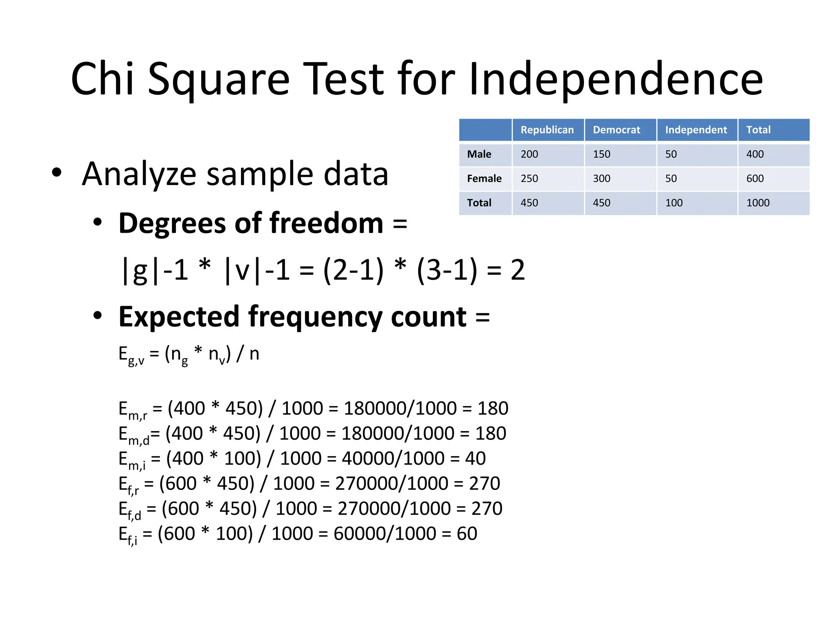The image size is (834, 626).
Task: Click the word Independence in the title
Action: point(616,79)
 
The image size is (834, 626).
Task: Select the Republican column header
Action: point(547,130)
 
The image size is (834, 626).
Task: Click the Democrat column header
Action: point(616,130)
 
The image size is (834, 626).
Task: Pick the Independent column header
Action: point(696,130)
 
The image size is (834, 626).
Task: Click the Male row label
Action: point(479,154)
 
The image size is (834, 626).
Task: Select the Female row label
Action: point(484,179)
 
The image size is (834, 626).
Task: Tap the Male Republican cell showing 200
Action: point(529,154)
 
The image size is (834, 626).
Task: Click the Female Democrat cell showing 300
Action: point(601,179)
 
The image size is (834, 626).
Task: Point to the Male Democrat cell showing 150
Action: point(601,154)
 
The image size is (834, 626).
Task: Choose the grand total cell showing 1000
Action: point(757,203)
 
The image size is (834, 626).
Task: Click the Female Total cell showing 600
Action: point(755,179)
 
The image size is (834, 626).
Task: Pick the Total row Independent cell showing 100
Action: point(674,203)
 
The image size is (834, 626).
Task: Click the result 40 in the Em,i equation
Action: point(475,458)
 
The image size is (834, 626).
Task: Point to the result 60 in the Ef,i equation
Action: point(467,533)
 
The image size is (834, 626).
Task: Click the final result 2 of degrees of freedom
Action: point(518,270)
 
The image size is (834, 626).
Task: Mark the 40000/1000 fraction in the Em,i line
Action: point(393,458)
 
